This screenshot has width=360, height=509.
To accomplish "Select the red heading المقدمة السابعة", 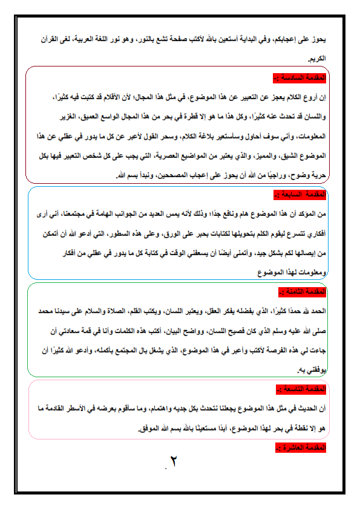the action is click(301, 195).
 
